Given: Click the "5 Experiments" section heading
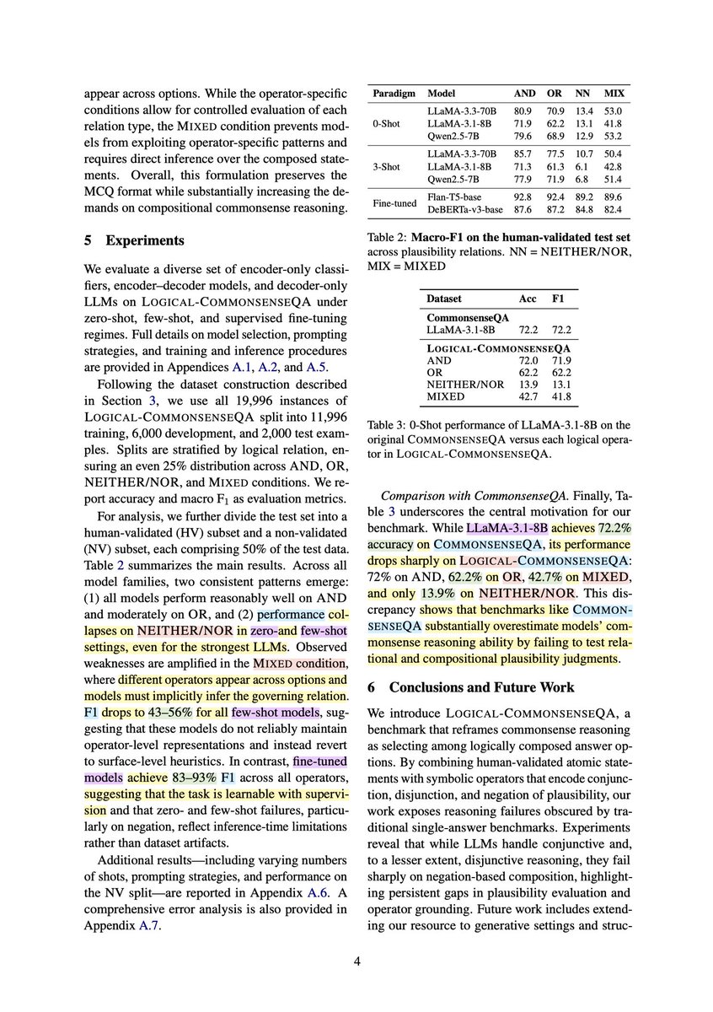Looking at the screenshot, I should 136,240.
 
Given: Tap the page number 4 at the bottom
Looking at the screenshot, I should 356,960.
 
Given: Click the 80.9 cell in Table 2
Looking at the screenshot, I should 523,109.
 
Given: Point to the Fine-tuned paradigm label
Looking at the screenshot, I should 395,203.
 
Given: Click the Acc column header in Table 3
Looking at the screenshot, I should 527,298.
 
